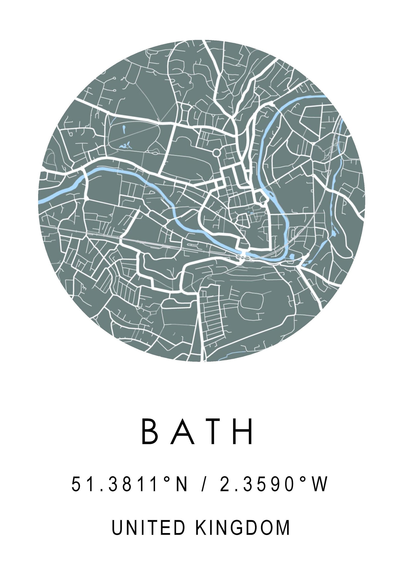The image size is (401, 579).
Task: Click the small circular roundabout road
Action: coord(216,152)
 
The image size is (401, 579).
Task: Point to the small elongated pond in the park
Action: coord(124,130)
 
